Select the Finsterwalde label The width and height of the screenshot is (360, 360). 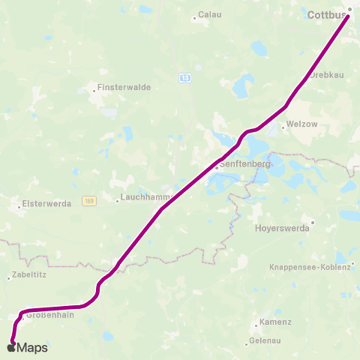[124, 87]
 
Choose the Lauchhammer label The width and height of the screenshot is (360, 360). [145, 199]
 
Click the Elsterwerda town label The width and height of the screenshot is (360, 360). [43, 202]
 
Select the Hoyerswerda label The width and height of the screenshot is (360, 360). [282, 229]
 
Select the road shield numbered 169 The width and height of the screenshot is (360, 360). [89, 200]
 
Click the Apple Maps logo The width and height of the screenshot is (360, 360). [27, 347]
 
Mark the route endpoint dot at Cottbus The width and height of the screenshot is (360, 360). [348, 10]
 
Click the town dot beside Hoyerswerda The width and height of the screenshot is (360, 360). [313, 222]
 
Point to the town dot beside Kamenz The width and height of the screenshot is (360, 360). [256, 323]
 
